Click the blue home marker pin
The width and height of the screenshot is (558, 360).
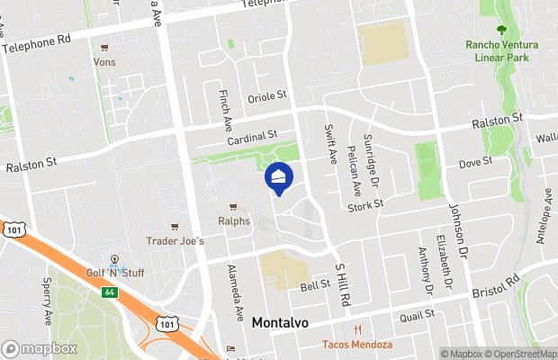[279, 178]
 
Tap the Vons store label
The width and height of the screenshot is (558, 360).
[105, 62]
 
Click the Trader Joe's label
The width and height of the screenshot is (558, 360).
[175, 240]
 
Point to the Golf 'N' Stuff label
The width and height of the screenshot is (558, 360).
[115, 273]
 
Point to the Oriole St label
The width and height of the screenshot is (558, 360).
[267, 94]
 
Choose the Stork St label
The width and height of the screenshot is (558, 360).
[365, 204]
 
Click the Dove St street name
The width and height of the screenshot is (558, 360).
[474, 162]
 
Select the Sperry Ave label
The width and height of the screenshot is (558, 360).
[47, 293]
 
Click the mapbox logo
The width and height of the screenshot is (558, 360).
[38, 348]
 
